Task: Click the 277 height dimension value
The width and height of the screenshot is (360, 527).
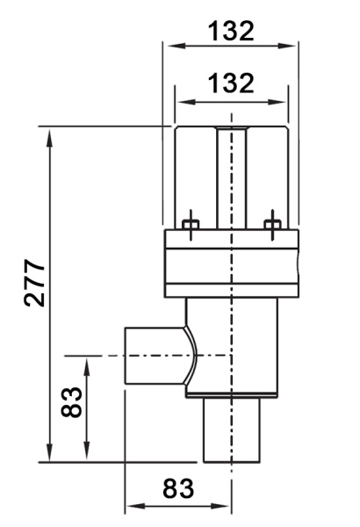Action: coord(34,283)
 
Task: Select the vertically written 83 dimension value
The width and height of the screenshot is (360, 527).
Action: coord(71,402)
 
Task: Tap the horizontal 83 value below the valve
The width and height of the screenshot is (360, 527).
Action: coord(178,488)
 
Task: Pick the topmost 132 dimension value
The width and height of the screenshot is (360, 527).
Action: coord(231,31)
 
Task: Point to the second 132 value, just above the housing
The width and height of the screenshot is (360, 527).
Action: coord(231,83)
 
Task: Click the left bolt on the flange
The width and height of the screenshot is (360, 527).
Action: coord(191,225)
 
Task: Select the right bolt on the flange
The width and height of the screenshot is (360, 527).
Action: coord(272,225)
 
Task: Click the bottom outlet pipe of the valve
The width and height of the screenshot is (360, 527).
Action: coord(232,430)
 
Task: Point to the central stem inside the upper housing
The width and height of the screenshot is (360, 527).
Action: coord(231,178)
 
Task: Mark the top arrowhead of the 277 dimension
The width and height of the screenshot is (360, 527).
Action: coord(50,138)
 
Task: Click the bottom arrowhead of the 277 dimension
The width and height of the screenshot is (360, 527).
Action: coord(50,452)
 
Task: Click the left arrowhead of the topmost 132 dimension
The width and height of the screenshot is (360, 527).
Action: coord(174,46)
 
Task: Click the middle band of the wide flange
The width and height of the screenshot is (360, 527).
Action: coord(232,266)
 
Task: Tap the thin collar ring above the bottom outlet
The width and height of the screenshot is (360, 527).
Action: coord(232,395)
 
